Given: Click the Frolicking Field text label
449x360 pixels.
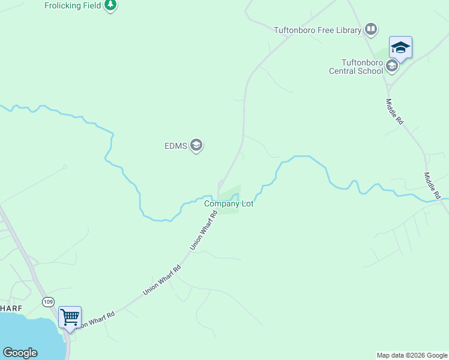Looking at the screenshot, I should point(72,5).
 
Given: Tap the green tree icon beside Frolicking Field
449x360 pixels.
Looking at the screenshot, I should point(110,5).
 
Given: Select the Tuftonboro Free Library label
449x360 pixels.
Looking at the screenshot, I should point(317,29).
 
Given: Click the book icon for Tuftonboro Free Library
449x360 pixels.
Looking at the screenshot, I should point(371,29).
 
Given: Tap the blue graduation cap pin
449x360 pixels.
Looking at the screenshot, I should point(400,47).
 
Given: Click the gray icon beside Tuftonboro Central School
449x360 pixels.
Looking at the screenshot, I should point(392,66).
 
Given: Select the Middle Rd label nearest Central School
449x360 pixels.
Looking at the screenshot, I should point(394,112).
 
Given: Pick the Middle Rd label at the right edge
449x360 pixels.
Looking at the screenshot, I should point(432,186).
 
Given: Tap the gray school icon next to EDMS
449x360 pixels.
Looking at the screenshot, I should point(196,145).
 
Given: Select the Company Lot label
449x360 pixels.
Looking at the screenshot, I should point(229,204).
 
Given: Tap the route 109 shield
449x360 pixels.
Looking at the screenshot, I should point(47,301).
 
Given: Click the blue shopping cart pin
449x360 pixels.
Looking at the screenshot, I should point(70,317).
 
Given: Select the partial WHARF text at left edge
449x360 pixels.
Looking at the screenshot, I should point(11,308).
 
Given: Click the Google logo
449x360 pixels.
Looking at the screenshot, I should point(20,353).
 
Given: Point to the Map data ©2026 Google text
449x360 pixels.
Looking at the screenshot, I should point(412,355).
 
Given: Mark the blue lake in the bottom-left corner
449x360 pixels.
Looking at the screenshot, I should point(24,333).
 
